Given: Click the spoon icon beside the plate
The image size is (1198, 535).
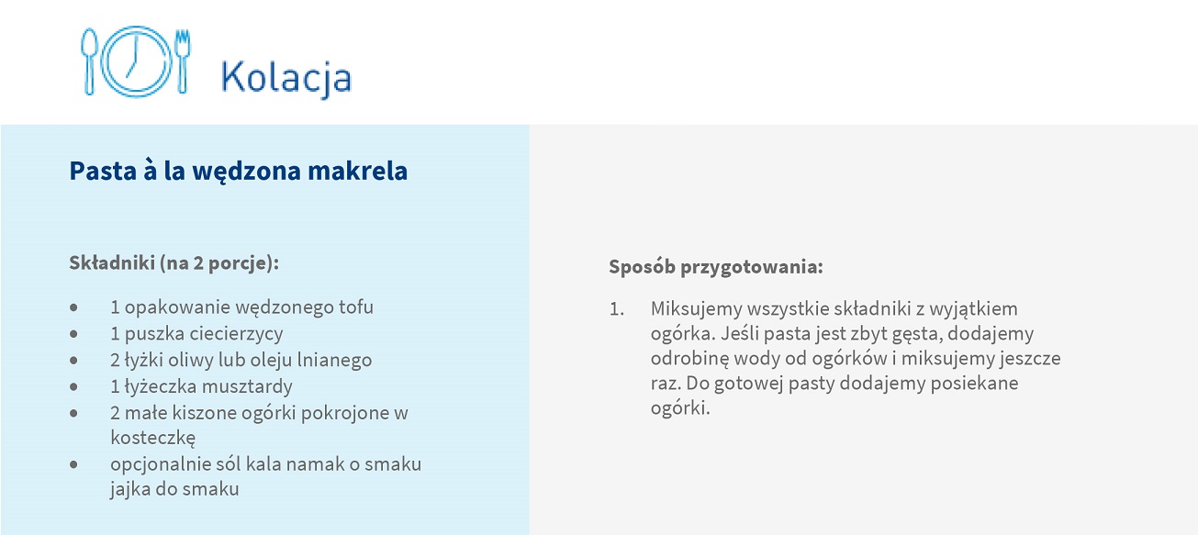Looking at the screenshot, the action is tap(89, 61).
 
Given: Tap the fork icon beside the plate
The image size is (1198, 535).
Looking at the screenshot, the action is tap(183, 61).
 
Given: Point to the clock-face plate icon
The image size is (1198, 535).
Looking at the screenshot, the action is tap(137, 61).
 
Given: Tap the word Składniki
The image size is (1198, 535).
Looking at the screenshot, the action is tap(112, 263).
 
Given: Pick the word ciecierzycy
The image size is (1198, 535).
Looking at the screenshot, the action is tap(237, 334).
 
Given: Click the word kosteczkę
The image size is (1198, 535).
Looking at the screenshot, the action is tap(153, 438).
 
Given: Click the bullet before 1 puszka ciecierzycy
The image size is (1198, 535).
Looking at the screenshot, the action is tap(73, 334).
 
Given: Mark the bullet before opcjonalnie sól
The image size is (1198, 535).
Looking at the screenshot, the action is tap(73, 464).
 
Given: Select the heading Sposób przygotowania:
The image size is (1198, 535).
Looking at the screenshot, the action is tap(716, 267).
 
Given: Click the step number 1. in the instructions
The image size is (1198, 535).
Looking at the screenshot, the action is tap(617, 309).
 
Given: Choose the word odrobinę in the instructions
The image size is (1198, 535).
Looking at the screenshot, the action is tap(689, 359).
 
